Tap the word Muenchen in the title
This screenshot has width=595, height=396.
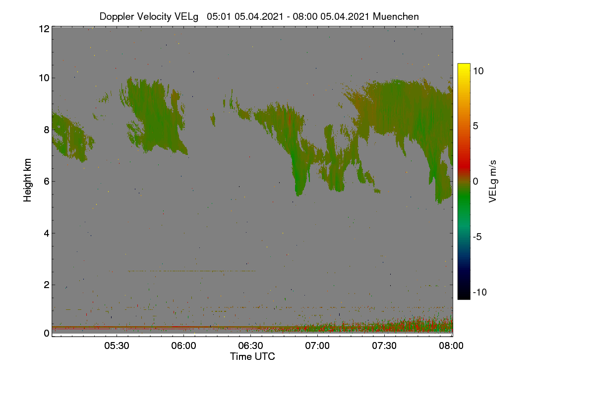[x=396, y=16]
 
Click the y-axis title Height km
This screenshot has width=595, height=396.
[x=27, y=180]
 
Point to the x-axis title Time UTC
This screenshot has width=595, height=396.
[x=252, y=356]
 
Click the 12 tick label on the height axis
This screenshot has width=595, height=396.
[x=44, y=29]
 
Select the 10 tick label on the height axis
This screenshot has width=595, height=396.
[x=44, y=78]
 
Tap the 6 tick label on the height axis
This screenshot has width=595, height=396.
[x=47, y=182]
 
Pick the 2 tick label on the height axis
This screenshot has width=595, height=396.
[x=47, y=285]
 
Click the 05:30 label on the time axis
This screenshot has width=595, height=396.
[x=117, y=346]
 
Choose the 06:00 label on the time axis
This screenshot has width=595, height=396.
[x=183, y=346]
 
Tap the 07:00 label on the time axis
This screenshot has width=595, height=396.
[x=317, y=346]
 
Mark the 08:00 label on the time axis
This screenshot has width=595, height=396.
[x=451, y=346]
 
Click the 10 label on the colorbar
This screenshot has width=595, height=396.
[x=478, y=71]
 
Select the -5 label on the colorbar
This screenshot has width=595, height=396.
[x=477, y=237]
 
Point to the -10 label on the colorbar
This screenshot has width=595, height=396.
[x=480, y=292]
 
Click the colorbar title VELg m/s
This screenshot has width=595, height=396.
[x=493, y=182]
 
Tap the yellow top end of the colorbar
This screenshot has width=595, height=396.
[x=464, y=64]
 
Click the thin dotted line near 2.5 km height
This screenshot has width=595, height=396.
[x=191, y=271]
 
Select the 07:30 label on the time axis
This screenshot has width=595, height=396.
[x=384, y=346]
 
